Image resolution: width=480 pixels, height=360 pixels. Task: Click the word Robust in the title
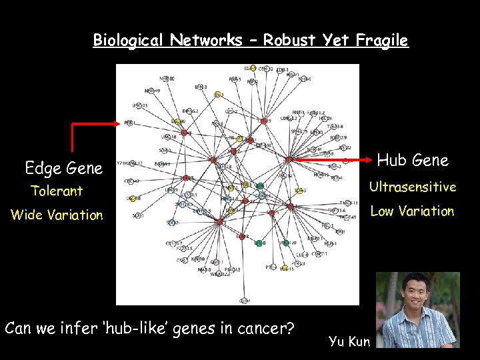(x=291, y=40)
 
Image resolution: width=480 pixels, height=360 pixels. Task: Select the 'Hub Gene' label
(x=413, y=160)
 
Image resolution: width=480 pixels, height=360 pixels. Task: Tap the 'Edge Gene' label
(x=63, y=168)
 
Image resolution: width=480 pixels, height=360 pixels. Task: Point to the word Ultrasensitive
(x=413, y=187)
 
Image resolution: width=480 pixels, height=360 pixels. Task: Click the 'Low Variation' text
(x=412, y=211)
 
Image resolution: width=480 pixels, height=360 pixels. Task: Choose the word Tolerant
(x=57, y=191)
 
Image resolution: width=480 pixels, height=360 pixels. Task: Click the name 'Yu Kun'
(x=349, y=341)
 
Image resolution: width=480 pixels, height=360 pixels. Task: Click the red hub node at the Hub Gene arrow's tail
(x=289, y=160)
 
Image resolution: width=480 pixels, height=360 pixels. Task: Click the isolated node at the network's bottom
(x=244, y=301)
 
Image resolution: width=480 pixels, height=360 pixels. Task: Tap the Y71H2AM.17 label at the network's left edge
(x=131, y=163)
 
